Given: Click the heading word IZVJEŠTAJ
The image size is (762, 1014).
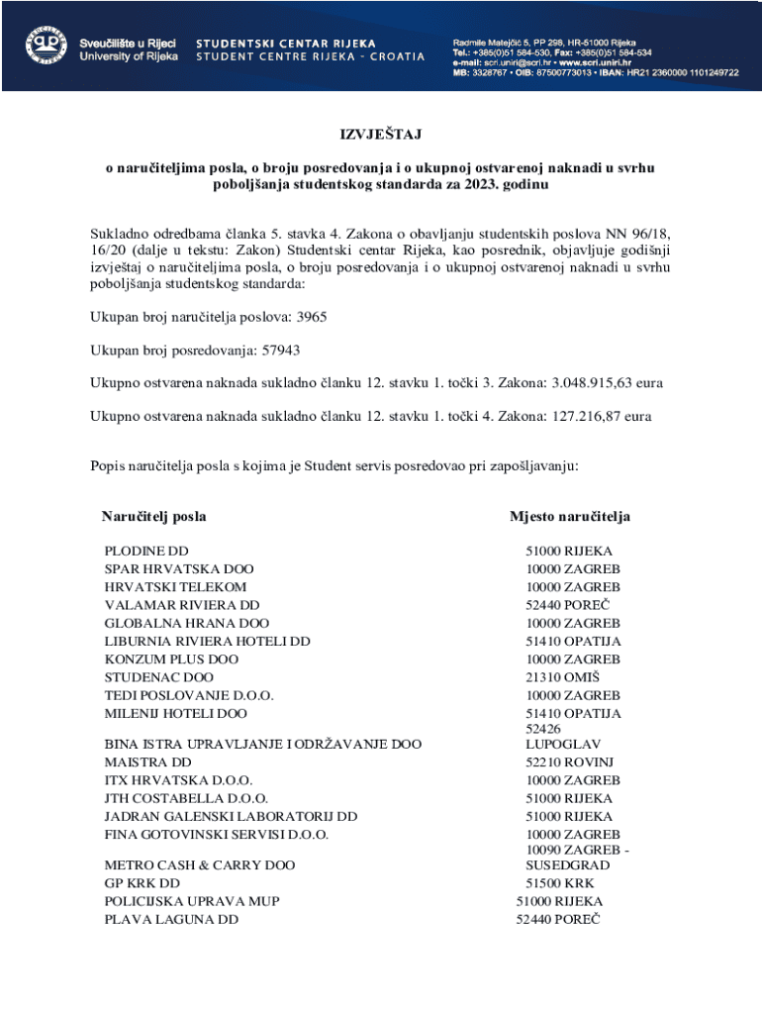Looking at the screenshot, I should pyautogui.click(x=381, y=135).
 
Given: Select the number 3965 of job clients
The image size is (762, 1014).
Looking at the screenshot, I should pyautogui.click(x=311, y=317).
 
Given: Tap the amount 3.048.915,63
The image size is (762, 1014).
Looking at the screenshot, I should pyautogui.click(x=593, y=383).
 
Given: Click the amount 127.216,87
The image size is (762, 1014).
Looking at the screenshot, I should pyautogui.click(x=586, y=417).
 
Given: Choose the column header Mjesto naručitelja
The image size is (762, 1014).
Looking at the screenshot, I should pyautogui.click(x=569, y=517).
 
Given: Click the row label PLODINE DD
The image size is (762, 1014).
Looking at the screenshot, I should pyautogui.click(x=146, y=551).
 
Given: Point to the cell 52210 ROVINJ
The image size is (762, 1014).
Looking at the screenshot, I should pyautogui.click(x=569, y=762).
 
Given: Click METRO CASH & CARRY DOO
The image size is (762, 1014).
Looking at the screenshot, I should pyautogui.click(x=200, y=865).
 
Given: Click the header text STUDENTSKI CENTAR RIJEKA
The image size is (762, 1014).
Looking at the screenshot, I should pyautogui.click(x=286, y=44).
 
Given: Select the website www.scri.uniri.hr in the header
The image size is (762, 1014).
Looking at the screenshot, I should pyautogui.click(x=587, y=62).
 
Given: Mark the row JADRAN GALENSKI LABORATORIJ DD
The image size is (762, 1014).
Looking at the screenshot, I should pyautogui.click(x=231, y=817).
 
